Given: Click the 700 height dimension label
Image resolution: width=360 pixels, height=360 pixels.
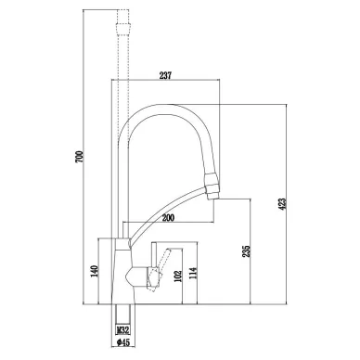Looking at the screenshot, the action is click(x=79, y=157).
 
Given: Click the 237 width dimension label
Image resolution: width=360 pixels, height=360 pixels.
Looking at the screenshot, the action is click(x=165, y=75).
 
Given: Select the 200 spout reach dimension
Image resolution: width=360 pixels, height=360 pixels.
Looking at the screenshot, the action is click(x=168, y=218).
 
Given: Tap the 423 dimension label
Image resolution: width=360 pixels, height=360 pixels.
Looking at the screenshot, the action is click(x=282, y=204).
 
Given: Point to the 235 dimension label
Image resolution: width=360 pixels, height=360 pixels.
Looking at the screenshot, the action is click(x=246, y=251).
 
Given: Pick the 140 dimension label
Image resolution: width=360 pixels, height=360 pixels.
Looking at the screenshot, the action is click(x=95, y=271).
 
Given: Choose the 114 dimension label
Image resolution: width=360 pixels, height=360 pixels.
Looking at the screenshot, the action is click(x=193, y=273).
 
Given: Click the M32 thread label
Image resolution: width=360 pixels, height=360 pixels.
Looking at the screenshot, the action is click(x=122, y=330).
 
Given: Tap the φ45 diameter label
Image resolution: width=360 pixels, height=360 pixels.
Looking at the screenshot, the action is click(x=122, y=342).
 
